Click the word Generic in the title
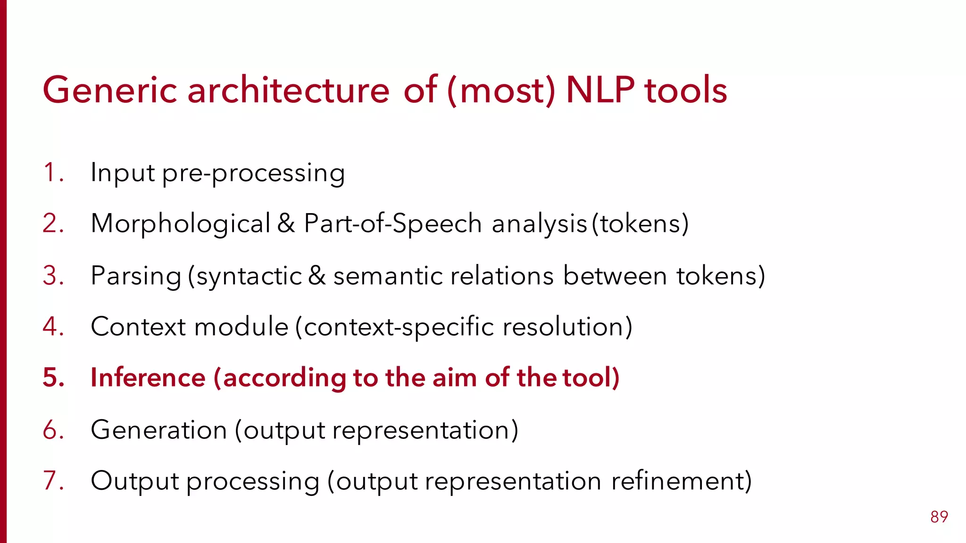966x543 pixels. click(x=109, y=90)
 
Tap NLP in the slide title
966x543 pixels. click(x=600, y=90)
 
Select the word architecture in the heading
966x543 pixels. click(x=288, y=90)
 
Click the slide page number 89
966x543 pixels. click(x=939, y=517)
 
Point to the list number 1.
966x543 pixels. click(x=52, y=173)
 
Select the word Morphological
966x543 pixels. click(x=181, y=224)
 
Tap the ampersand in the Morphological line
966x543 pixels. click(x=286, y=223)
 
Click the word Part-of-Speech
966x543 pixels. click(x=392, y=224)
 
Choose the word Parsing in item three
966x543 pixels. click(x=136, y=276)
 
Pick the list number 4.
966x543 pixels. click(x=52, y=326)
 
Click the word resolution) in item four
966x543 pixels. click(x=567, y=326)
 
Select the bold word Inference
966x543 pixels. click(x=148, y=378)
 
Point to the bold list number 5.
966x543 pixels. click(x=53, y=378)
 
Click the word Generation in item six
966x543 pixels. click(x=158, y=430)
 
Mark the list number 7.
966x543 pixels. click(x=52, y=481)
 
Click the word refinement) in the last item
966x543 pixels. click(x=681, y=481)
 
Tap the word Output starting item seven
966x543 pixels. click(x=135, y=481)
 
